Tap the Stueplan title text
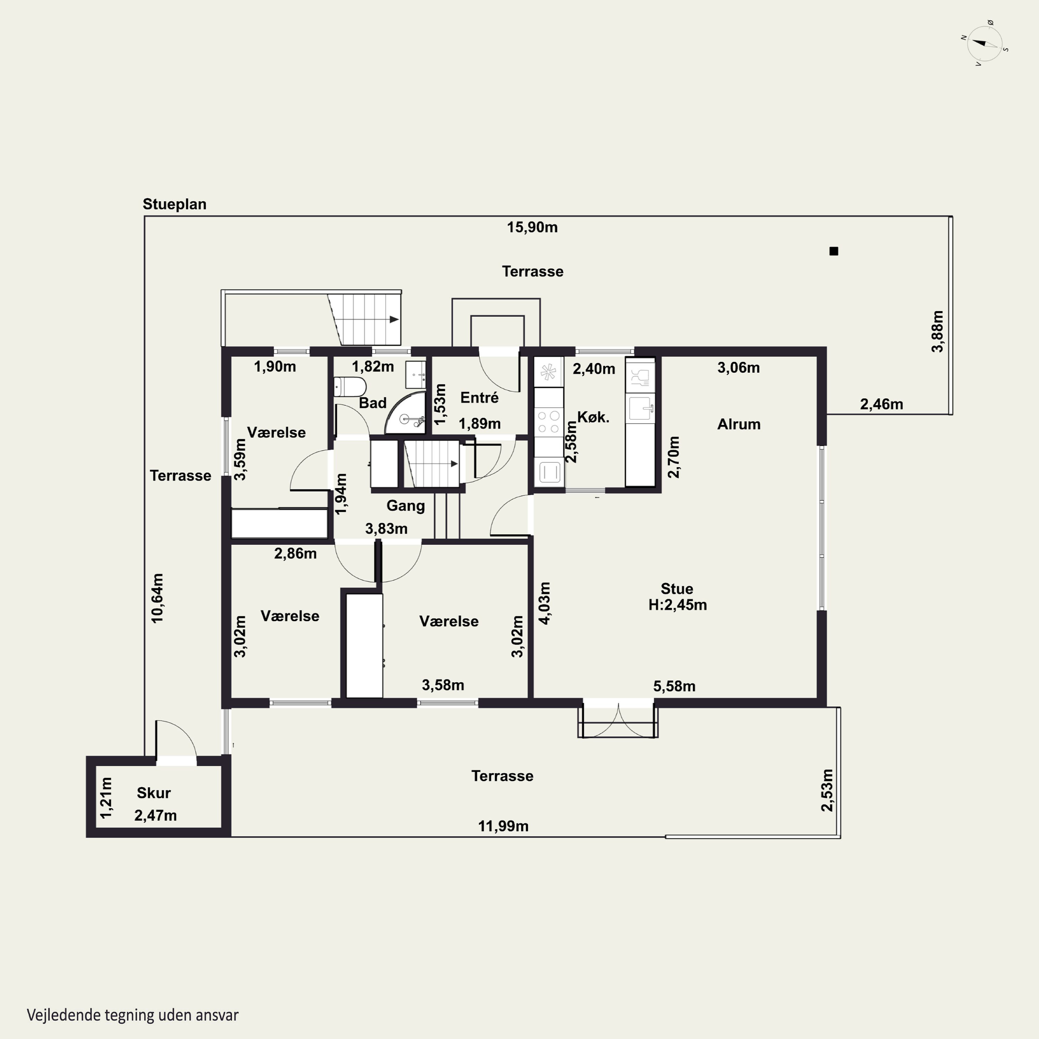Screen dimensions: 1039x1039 coord(174,204)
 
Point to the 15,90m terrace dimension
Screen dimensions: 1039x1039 coord(532,228)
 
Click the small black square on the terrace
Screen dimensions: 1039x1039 coord(834,251)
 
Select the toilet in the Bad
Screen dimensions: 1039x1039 coord(349,386)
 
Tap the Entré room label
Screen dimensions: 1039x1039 coord(479,398)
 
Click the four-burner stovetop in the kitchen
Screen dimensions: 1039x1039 coord(548,421)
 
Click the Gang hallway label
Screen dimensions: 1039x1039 coord(406,506)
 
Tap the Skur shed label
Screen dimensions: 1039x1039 coord(153,793)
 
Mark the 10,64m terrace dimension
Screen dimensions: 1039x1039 coord(157,598)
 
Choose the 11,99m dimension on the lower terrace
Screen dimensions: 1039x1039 coord(503,826)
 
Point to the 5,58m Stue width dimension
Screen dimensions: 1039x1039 coord(674,686)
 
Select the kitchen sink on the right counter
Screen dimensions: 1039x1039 coord(640,408)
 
